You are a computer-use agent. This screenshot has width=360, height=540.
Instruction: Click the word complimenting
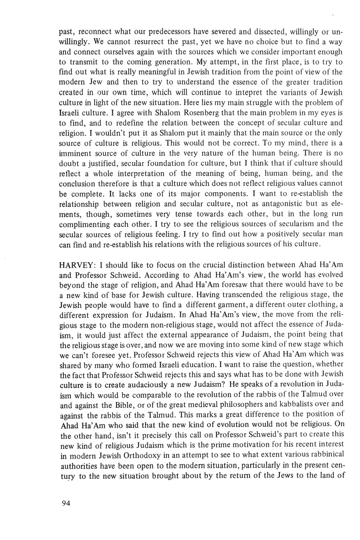(82, 224)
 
